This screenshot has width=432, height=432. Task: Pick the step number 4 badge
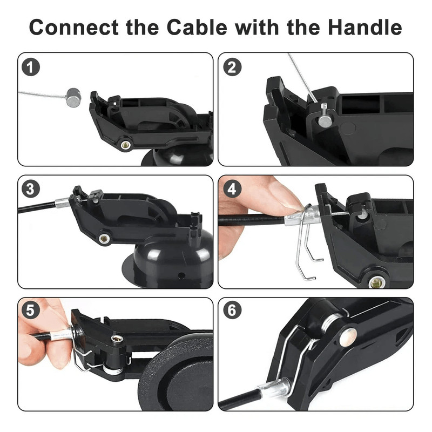coord(233,190)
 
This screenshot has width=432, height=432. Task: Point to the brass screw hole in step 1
coord(125,145)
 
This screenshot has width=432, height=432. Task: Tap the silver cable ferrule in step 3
coord(63,203)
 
